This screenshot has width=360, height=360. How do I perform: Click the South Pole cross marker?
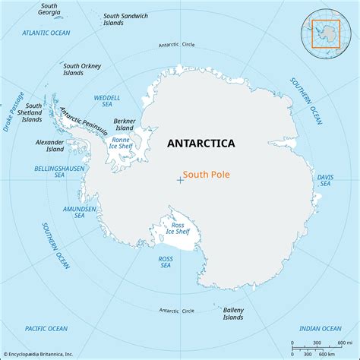point(179,180)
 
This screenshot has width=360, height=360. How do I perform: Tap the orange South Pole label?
point(207,174)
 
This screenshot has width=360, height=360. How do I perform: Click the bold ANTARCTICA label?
point(201,144)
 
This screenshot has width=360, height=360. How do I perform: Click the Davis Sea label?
point(325,180)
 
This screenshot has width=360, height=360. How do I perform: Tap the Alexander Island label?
point(49,145)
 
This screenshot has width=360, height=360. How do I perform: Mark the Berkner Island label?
point(124,124)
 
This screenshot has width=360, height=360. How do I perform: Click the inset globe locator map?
point(327,33)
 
